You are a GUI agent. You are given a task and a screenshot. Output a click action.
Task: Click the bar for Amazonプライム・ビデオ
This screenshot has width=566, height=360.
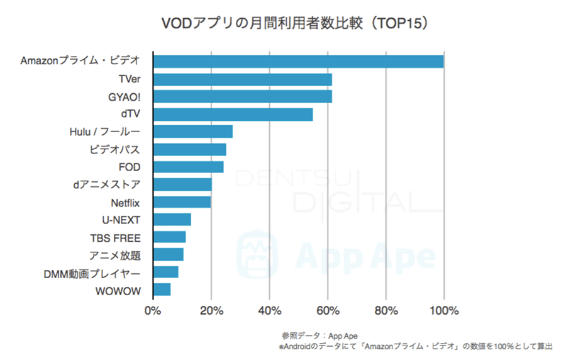point(298,62)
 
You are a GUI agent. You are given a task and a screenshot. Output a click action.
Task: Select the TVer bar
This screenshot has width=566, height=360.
point(242,79)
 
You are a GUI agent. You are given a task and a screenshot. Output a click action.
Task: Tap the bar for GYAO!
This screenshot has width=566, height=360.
point(242,97)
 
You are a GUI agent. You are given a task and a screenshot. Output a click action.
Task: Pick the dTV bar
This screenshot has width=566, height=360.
point(233,115)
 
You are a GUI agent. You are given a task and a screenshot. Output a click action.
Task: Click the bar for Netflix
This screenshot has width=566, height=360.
point(182,202)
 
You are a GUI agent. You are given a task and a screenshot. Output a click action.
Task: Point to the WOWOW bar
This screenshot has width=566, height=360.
point(162,290)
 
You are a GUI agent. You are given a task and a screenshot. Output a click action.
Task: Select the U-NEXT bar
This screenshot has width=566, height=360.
point(172,220)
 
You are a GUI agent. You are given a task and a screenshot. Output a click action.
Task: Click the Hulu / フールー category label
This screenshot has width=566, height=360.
point(104,132)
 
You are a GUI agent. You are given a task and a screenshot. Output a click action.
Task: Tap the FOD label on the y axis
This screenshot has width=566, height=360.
point(129,167)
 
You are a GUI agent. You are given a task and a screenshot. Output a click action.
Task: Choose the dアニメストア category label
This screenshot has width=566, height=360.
point(106,184)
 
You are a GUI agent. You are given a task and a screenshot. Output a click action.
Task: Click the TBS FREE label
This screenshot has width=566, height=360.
point(115,237)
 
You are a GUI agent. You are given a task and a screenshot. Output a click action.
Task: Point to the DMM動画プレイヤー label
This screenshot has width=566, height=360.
point(92,273)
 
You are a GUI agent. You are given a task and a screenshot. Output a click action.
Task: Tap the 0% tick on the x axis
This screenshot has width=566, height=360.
point(153,311)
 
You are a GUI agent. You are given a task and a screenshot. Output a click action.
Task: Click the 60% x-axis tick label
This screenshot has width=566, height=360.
point(328,311)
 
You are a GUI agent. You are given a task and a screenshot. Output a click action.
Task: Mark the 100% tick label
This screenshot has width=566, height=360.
point(444,311)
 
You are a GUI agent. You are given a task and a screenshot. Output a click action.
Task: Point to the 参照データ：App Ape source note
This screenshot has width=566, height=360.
point(319,335)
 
